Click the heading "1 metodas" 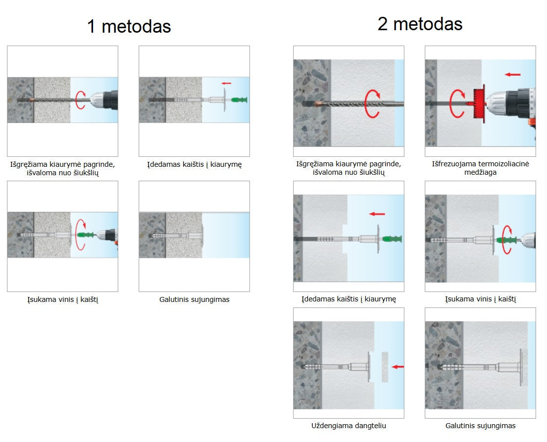tap(129, 27)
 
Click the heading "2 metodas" tap(420, 24)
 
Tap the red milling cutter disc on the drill tap(481, 103)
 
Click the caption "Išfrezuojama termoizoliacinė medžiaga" tap(480, 168)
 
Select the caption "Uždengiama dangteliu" tap(348, 426)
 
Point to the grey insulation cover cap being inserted tap(385, 367)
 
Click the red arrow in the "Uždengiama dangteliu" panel tap(398, 367)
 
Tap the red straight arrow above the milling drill tap(512, 74)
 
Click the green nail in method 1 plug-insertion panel tap(239, 100)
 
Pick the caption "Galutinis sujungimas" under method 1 tap(195, 299)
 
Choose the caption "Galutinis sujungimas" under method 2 tap(480, 426)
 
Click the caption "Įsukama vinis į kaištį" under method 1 tap(63, 299)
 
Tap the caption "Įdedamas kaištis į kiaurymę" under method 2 tap(349, 299)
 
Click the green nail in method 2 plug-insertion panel tap(393, 239)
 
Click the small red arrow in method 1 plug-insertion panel tap(226, 83)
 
